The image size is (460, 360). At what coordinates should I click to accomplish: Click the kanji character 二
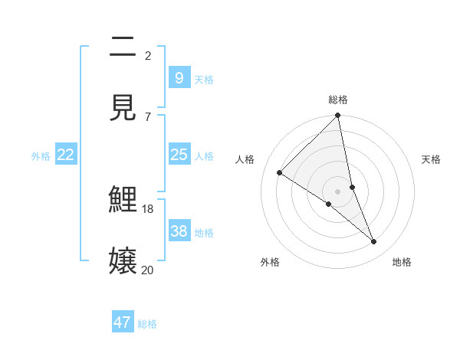pyautogui.click(x=123, y=47)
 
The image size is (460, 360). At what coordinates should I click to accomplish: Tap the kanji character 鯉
pyautogui.click(x=123, y=201)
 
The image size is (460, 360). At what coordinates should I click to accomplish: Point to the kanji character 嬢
pyautogui.click(x=123, y=260)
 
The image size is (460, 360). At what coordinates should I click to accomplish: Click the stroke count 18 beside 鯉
pyautogui.click(x=148, y=208)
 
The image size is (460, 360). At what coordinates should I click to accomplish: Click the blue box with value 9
pyautogui.click(x=179, y=78)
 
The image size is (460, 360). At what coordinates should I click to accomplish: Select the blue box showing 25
pyautogui.click(x=179, y=155)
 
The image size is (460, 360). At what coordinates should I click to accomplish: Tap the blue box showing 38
pyautogui.click(x=179, y=231)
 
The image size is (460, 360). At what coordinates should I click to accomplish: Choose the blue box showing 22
pyautogui.click(x=66, y=155)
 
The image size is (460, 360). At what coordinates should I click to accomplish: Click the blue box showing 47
pyautogui.click(x=123, y=322)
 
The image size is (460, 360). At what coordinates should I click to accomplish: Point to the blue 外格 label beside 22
pyautogui.click(x=41, y=156)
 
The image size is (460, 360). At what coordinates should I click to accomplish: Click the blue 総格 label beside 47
pyautogui.click(x=147, y=324)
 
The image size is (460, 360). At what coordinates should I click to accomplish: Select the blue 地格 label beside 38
pyautogui.click(x=204, y=233)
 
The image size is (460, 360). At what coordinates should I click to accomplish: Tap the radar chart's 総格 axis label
pyautogui.click(x=338, y=100)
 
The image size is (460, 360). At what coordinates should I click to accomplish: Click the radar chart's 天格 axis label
pyautogui.click(x=431, y=159)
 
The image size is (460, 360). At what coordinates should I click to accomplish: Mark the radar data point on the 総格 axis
pyautogui.click(x=338, y=116)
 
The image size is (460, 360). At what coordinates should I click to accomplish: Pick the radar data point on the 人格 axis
pyautogui.click(x=280, y=172)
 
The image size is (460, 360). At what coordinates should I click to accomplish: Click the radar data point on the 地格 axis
pyautogui.click(x=374, y=241)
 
